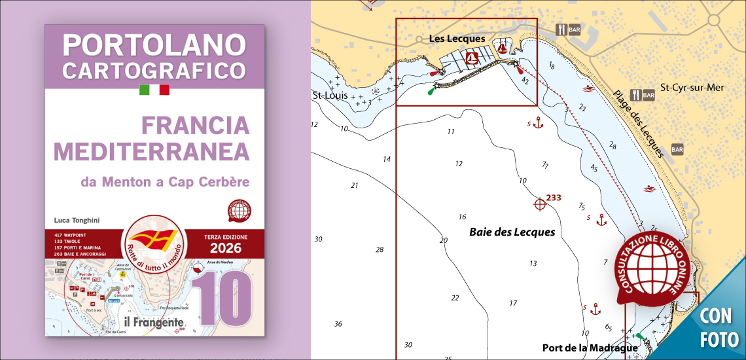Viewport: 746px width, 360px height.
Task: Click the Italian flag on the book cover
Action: click(154, 90)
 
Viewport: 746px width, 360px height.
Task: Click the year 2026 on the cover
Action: click(225, 248)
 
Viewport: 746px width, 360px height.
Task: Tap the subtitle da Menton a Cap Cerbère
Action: click(164, 181)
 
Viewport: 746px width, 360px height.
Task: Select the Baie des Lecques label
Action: click(512, 232)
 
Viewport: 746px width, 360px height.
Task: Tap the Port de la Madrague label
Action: click(590, 348)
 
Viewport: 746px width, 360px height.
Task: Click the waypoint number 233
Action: click(554, 198)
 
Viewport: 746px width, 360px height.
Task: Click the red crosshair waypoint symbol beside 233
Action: click(540, 204)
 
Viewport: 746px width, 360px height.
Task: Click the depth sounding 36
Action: click(338, 324)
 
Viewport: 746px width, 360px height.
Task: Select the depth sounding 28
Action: click(379, 250)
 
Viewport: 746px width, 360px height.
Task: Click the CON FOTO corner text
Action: click(719, 327)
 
